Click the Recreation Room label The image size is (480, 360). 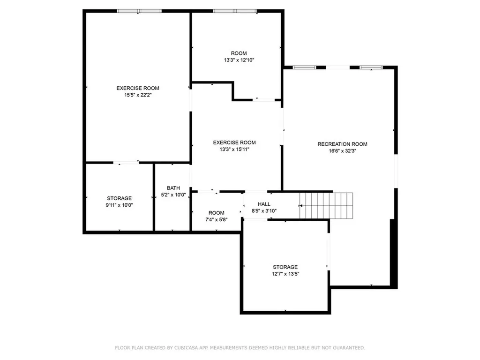342,144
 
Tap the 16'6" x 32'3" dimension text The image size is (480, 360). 342,151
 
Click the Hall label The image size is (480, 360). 264,204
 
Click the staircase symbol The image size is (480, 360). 326,205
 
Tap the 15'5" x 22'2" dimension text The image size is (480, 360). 138,95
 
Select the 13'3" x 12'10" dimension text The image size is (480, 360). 239,60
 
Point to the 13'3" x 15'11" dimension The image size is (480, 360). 234,149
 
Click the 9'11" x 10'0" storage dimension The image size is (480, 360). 119,205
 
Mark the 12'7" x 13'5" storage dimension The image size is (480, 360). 285,274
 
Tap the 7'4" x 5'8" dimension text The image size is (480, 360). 217,219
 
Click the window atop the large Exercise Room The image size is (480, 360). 139,11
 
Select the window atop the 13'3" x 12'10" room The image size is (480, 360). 235,11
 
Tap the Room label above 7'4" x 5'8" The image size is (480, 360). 217,213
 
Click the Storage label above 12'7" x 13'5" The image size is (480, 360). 285,267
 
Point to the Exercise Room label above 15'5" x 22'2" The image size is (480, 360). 138,88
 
